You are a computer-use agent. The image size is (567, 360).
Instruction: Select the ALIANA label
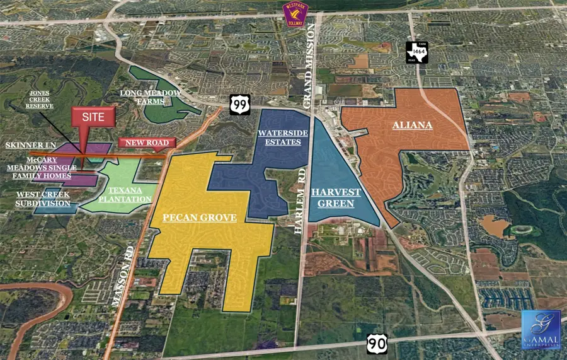point(413,125)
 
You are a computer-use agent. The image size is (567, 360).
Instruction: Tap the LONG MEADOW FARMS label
point(151,98)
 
